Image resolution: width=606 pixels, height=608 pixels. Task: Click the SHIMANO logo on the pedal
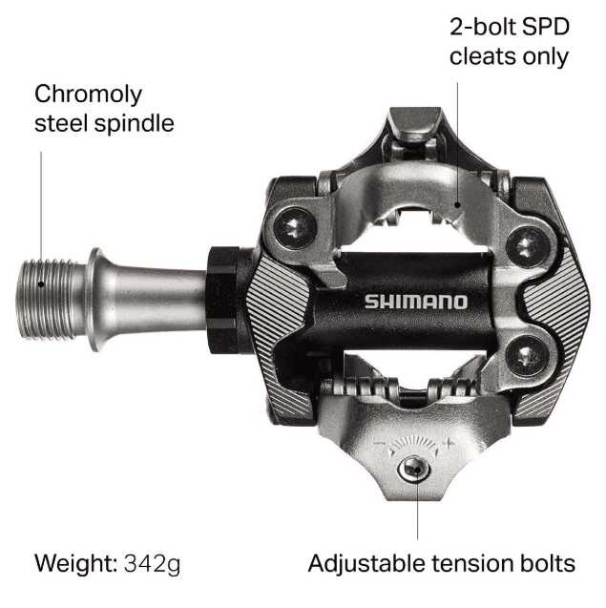point(415,302)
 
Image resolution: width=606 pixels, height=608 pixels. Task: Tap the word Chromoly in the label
point(88,94)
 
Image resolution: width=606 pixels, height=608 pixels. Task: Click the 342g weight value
point(152,563)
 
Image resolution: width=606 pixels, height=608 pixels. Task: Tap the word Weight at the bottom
point(74,563)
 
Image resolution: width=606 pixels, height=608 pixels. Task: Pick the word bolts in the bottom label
point(548,563)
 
